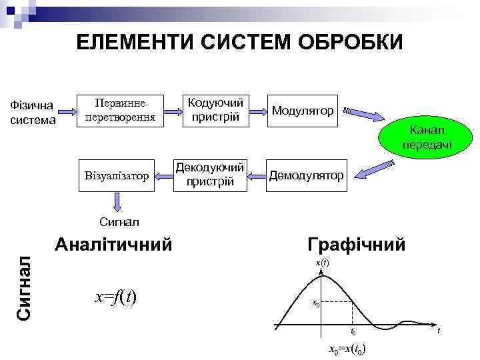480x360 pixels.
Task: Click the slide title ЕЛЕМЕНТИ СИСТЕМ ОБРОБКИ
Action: tap(239, 43)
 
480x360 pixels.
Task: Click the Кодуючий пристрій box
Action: tap(215, 109)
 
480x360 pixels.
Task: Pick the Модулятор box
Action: tap(302, 109)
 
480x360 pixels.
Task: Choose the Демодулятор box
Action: tap(306, 175)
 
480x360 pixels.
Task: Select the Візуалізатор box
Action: tap(117, 176)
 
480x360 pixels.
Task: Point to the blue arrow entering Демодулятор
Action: tap(367, 171)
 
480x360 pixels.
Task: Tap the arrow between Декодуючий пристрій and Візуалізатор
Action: tap(161, 176)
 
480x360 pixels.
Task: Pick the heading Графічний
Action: tap(356, 244)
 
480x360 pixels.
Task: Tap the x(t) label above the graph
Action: tap(322, 263)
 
